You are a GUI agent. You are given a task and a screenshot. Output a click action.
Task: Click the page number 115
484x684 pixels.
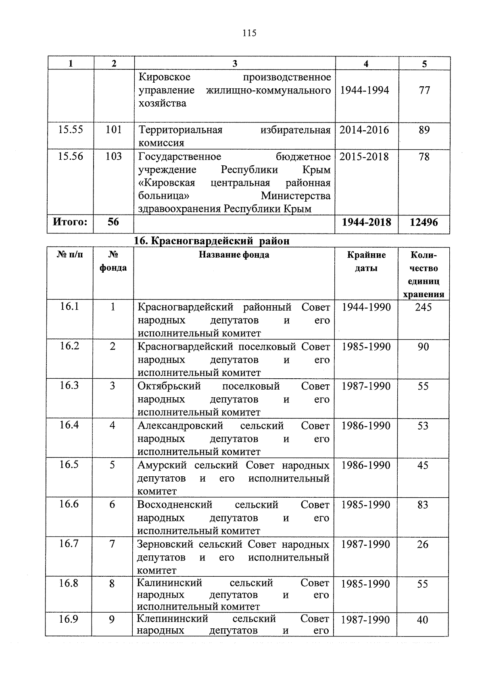[249, 33]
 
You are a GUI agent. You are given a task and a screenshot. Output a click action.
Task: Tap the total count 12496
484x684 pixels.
[423, 222]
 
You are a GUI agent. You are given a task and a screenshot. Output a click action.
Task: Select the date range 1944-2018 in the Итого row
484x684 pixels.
[366, 222]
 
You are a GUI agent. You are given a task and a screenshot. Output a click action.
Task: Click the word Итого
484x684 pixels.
[70, 221]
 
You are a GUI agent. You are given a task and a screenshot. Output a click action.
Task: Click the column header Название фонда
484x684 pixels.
[234, 255]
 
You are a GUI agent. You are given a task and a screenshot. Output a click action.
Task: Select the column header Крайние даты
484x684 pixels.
[366, 261]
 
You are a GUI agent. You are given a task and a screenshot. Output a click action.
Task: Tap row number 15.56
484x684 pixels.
[70, 156]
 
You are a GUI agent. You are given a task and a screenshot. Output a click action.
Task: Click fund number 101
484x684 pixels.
[113, 130]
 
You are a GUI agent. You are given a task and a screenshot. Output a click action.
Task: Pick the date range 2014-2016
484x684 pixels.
[364, 130]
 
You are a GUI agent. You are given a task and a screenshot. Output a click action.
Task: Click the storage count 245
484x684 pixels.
[423, 307]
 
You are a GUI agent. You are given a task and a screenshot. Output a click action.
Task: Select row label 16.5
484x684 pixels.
[69, 465]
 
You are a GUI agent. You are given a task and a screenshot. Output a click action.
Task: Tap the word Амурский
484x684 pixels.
[162, 465]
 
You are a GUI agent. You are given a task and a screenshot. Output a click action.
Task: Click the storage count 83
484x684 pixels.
[423, 505]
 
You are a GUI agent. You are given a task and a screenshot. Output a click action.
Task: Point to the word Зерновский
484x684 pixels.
[165, 544]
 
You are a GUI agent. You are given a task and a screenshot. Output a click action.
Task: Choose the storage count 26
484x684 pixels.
[423, 544]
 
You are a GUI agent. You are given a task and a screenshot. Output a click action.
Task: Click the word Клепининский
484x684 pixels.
[172, 619]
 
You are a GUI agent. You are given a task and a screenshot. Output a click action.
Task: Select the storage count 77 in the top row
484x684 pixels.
[424, 90]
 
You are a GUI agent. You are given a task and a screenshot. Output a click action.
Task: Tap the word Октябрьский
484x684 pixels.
[169, 386]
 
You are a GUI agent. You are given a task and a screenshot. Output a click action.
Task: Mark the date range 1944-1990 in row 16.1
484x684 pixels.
[366, 307]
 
